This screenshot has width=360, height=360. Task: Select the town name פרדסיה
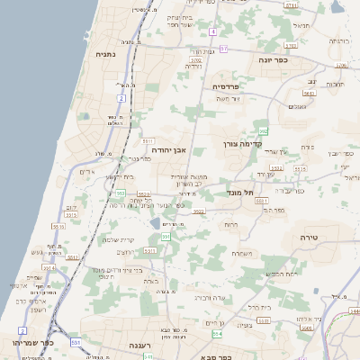pyautogui.click(x=226, y=86)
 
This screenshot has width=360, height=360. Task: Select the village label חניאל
pyautogui.click(x=301, y=25)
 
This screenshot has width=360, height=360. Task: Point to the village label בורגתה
pyautogui.click(x=338, y=40)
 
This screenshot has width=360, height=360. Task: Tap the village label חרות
pyautogui.click(x=232, y=224)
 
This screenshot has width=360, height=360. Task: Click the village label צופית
pyautogui.click(x=243, y=325)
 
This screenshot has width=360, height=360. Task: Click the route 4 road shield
pyautogui.click(x=212, y=31)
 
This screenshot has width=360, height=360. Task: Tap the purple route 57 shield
pyautogui.click(x=224, y=49)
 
